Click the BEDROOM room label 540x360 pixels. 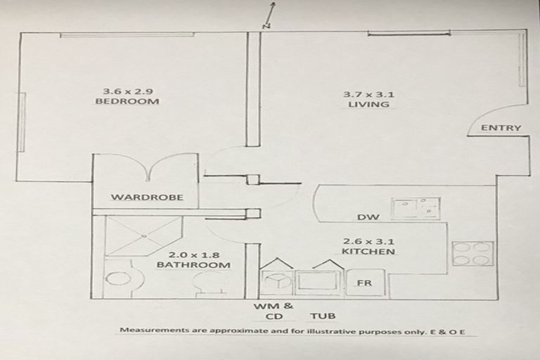pos(127,101)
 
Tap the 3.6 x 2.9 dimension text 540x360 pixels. pos(127,91)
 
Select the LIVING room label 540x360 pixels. pos(368,105)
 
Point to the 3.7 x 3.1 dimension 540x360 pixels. pos(368,94)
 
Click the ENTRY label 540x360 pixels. pos(501,128)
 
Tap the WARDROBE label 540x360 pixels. pos(146,198)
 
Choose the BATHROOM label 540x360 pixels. pos(193,265)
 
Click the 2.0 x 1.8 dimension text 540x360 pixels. pos(193,255)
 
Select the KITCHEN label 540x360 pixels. pos(368,252)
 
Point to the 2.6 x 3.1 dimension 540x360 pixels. pos(368,240)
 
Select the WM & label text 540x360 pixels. pos(273,307)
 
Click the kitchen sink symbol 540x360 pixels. pos(416,208)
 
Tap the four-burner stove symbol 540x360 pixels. pos(472,254)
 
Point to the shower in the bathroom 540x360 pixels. pos(142,234)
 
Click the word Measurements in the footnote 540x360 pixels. pos(150,330)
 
